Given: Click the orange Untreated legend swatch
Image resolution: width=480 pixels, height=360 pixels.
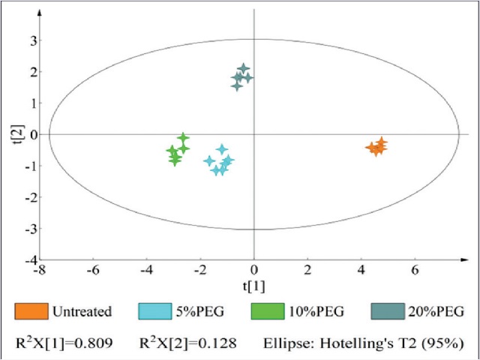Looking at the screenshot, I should coord(31,310).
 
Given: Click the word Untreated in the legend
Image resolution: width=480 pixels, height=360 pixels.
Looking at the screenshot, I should coord(82,311).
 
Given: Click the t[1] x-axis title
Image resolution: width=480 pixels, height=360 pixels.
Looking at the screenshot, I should coord(253,286).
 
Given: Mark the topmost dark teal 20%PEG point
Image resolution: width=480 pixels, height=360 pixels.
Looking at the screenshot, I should coord(244,69).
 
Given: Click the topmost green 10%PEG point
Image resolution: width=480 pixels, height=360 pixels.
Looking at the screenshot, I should coord(183,138).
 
